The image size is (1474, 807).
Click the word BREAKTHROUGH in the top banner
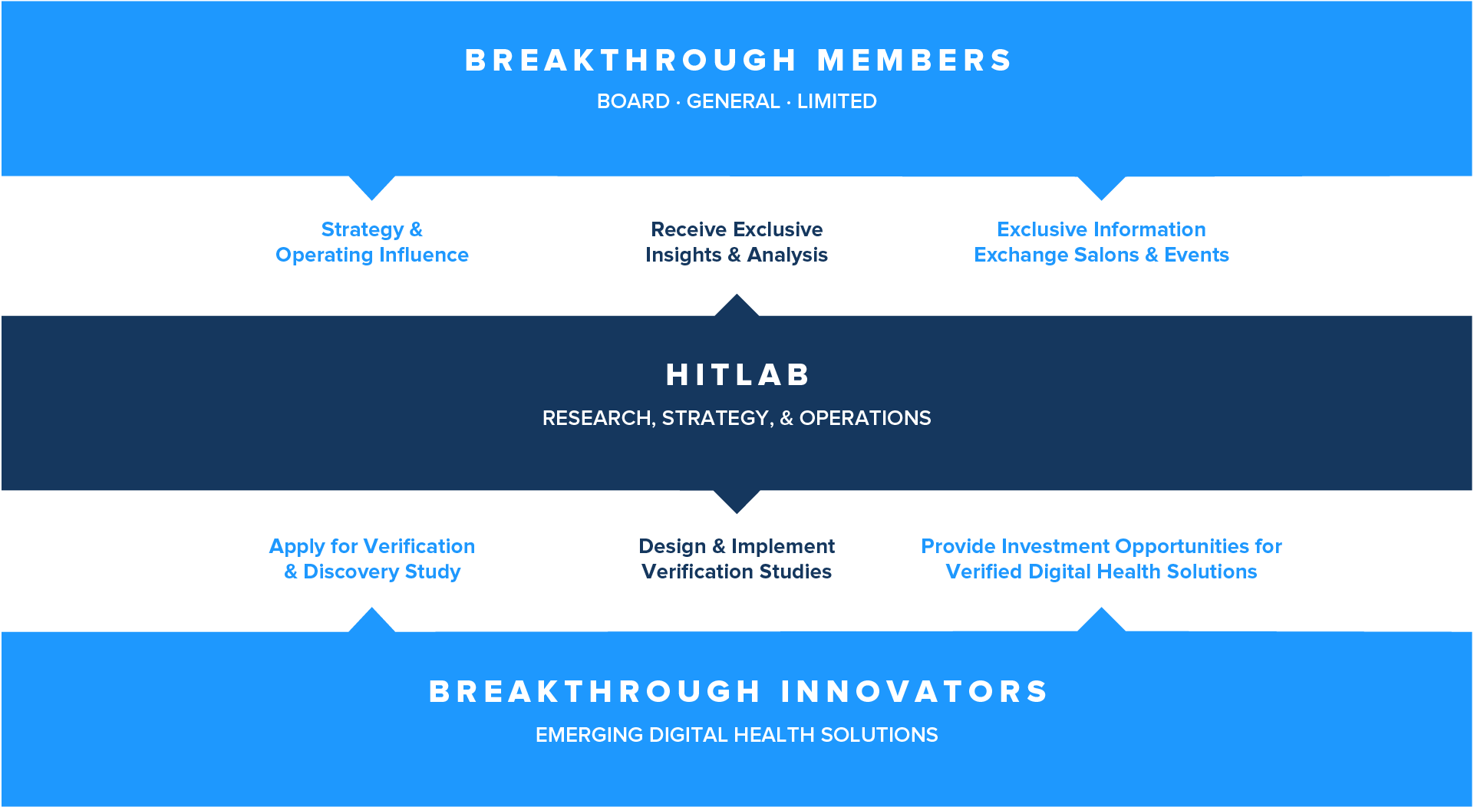(631, 61)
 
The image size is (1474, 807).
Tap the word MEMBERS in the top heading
(915, 61)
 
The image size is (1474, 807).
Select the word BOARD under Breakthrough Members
(633, 101)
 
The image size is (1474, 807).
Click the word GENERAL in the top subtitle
(733, 101)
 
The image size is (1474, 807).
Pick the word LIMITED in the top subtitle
(836, 101)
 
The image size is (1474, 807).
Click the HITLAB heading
(737, 375)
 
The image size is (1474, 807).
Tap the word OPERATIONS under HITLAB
(865, 418)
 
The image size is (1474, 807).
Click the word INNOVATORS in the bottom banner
(915, 692)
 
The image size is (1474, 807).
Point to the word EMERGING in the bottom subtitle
(589, 735)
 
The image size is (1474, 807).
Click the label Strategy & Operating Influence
(372, 242)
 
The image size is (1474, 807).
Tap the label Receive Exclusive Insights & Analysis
(737, 242)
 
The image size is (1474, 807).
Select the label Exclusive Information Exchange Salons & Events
(1101, 242)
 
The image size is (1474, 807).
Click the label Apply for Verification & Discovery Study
(372, 558)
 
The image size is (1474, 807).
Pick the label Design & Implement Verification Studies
(737, 558)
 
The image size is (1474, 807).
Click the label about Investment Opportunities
(1101, 558)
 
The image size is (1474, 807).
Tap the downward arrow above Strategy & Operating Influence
(372, 187)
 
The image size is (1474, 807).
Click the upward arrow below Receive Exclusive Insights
(737, 306)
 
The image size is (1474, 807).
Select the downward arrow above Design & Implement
(737, 501)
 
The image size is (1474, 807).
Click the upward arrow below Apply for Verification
(372, 621)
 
